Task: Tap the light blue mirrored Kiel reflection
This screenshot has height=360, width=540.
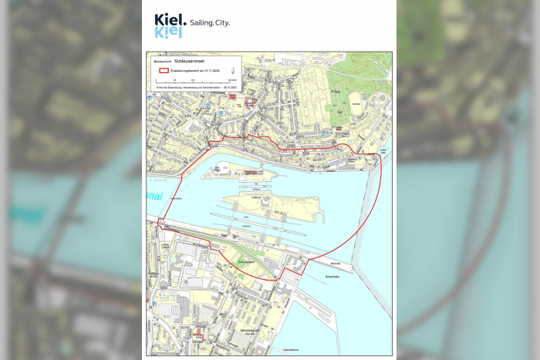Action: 168,32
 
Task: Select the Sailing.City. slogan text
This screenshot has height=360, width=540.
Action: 208,22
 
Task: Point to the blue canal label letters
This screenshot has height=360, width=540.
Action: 155,197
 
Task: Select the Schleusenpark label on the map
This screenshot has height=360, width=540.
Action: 248,262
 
